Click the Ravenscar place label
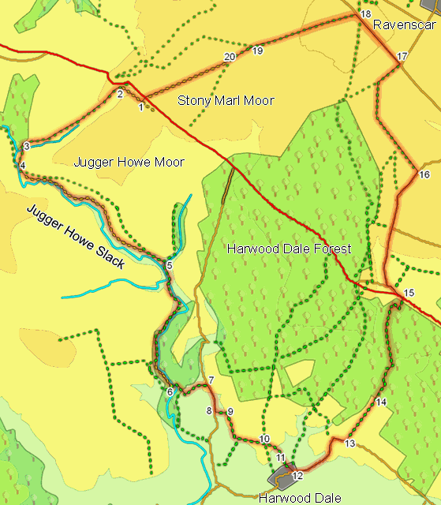[405, 25]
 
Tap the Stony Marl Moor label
[226, 101]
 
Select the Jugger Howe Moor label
[129, 163]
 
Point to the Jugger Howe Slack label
[75, 237]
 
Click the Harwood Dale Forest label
[289, 249]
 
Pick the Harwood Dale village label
[300, 499]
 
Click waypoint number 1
[141, 107]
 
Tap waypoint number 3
[26, 146]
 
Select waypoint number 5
[170, 265]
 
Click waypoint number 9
[230, 412]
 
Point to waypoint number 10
[264, 439]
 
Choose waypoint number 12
[297, 476]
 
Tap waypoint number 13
[350, 443]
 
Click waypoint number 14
[382, 402]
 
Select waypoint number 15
[408, 294]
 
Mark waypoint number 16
[424, 174]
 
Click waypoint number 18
[364, 15]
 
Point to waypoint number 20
[230, 57]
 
